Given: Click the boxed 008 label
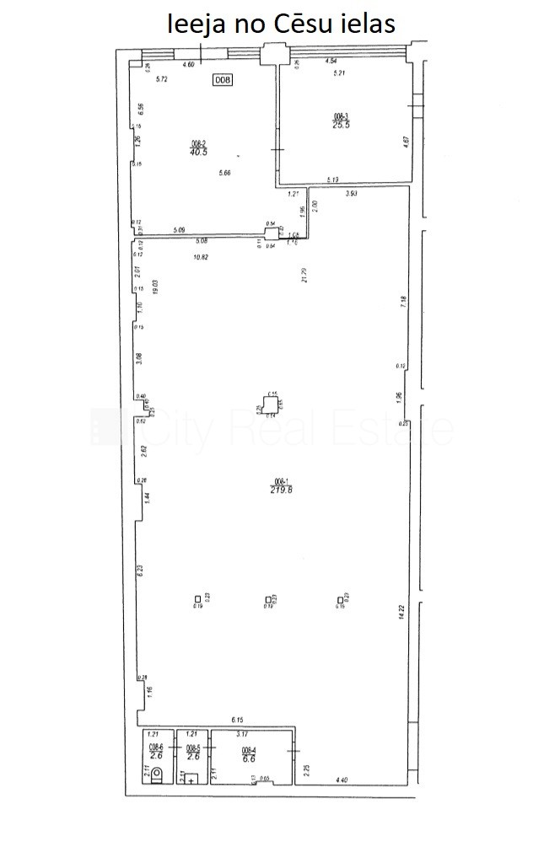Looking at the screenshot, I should (x=222, y=80).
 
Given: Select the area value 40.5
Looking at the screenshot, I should (x=199, y=153).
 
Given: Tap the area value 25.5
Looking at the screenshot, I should (x=340, y=123).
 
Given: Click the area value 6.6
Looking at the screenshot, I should (x=249, y=758).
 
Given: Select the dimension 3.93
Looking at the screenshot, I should (x=353, y=194).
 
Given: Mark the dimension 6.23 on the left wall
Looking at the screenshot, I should (x=141, y=570).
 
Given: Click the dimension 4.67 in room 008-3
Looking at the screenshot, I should (x=404, y=143).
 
